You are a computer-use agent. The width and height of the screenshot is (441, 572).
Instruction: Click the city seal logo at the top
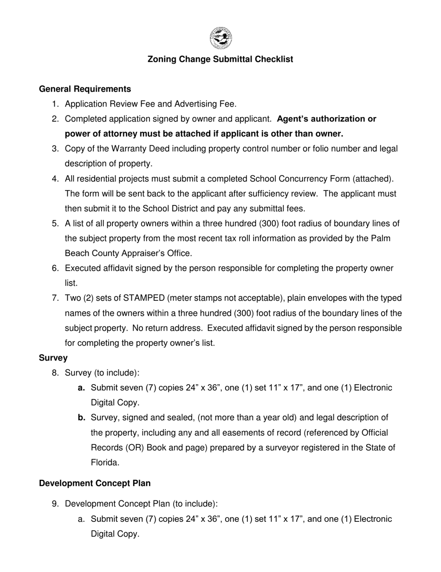[220, 38]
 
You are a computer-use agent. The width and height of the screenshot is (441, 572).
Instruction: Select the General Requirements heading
[85, 89]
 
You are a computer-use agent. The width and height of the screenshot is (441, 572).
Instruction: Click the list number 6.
[55, 268]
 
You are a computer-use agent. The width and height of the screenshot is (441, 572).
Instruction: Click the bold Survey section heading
[53, 358]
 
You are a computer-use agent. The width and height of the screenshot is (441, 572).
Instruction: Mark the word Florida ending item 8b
[105, 463]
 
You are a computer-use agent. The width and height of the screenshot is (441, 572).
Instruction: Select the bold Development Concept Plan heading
[95, 483]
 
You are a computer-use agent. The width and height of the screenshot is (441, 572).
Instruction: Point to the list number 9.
[55, 504]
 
